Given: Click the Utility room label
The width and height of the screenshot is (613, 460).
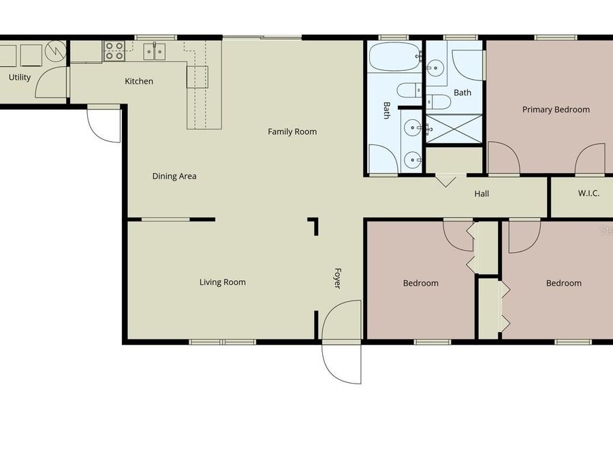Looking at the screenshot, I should click(20, 77).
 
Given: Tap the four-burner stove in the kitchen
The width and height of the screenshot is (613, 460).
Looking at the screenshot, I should click(114, 51).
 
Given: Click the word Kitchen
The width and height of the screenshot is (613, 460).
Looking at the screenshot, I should click(139, 81).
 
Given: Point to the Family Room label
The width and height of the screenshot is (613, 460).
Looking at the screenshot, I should click(292, 132).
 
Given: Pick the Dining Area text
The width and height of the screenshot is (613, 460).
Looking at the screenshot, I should click(174, 176).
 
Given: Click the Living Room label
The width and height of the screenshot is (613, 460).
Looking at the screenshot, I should click(223, 281).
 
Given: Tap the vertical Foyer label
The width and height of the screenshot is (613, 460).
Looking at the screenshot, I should click(336, 277).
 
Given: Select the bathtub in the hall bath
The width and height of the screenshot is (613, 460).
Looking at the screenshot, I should click(395, 58).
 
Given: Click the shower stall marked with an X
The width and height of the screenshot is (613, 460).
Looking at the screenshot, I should click(454, 128).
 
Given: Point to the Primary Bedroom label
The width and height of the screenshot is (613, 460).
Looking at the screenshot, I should click(556, 109).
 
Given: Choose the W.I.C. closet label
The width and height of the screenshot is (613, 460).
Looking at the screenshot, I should click(588, 194).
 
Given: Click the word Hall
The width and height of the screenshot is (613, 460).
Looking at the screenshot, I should click(482, 194).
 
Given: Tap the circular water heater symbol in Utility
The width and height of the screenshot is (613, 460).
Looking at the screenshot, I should click(54, 51).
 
